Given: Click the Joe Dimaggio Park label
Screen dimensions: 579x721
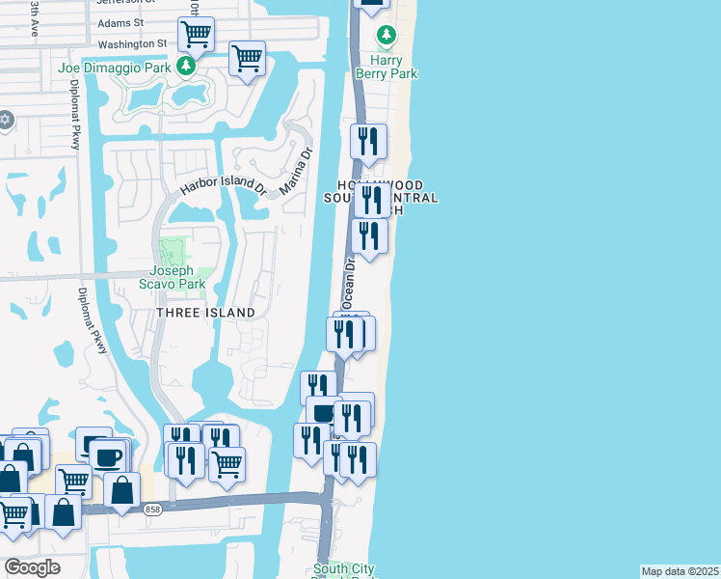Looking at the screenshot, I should tap(114, 68).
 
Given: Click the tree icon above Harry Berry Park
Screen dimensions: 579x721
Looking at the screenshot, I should tap(387, 36).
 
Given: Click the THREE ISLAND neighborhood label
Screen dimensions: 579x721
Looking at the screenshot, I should tap(206, 313).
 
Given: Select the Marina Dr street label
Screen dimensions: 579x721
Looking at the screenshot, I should tap(296, 169).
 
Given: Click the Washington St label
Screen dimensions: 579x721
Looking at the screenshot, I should tap(133, 44).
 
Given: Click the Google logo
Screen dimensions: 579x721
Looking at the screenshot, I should tap(32, 567).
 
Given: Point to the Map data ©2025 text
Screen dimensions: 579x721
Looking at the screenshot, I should tap(680, 571).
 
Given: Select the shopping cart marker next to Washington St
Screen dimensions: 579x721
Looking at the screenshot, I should tap(196, 35).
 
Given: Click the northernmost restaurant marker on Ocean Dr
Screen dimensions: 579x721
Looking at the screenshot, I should tap(368, 141).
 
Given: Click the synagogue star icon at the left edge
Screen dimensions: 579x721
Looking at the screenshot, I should tap(5, 119).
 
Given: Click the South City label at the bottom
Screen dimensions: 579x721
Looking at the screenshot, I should tap(344, 569).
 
